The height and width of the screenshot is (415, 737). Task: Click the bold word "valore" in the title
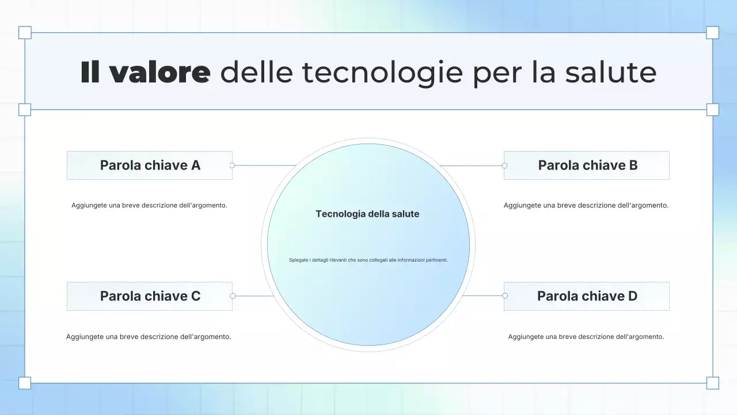(x=159, y=73)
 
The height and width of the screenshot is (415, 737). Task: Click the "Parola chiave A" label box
(x=150, y=165)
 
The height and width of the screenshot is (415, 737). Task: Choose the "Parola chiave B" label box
(x=587, y=165)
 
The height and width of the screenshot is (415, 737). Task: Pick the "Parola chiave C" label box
(x=150, y=296)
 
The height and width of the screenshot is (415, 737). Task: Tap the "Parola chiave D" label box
(x=587, y=296)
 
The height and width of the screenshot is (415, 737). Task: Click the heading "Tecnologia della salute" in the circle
(x=367, y=214)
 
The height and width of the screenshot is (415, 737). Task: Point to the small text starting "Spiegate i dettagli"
(x=368, y=260)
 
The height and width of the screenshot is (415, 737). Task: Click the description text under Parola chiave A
(x=149, y=205)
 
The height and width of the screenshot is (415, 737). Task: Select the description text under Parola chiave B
(x=586, y=205)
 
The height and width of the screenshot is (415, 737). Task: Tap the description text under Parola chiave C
(x=149, y=337)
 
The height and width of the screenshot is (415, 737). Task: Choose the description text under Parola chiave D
(x=586, y=337)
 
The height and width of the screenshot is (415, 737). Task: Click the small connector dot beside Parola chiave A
(x=232, y=165)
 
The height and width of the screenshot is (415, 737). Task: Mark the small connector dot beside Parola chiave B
(x=504, y=165)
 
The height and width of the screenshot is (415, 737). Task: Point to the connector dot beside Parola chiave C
(x=233, y=296)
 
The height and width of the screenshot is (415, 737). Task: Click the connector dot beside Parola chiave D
(x=505, y=296)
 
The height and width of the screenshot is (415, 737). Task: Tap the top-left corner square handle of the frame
(x=25, y=32)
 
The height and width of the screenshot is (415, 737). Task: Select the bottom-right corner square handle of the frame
(x=713, y=383)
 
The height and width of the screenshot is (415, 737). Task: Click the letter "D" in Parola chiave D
(x=632, y=296)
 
